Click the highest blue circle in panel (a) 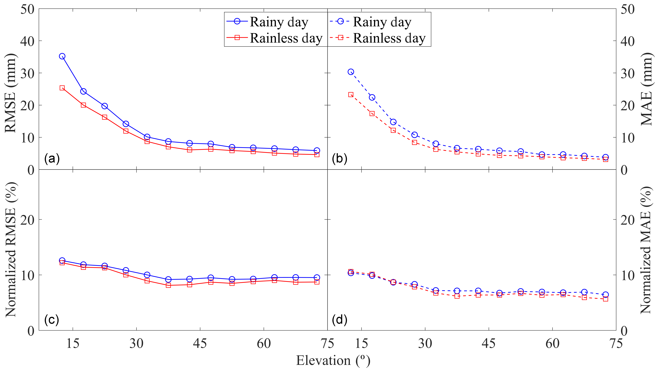(x=62, y=56)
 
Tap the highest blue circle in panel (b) (x=351, y=72)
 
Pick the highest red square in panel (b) (x=351, y=95)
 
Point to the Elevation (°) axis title (x=333, y=360)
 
